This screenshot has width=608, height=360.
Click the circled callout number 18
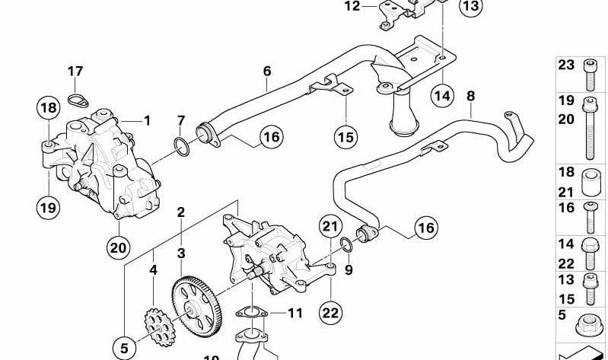pos(49,108)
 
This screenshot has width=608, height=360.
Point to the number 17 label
pos(75,72)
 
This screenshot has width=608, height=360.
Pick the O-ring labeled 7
pos(181,145)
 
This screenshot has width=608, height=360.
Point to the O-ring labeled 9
pos(346,244)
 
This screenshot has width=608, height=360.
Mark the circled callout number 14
pos(442,95)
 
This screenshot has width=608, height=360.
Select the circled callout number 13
pos(471,7)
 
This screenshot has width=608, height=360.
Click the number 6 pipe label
pos(267,71)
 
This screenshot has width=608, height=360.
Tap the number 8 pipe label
pos(470,96)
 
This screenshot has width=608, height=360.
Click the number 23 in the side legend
pos(565,65)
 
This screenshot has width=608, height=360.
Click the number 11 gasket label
pos(294,312)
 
